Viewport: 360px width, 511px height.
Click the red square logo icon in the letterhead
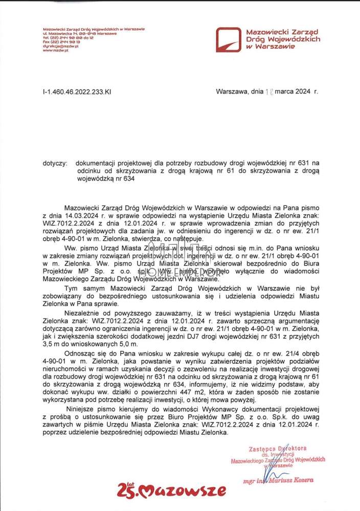pos(228,39)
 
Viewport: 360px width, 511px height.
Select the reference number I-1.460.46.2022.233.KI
pos(77,91)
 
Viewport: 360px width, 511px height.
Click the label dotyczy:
pos(55,163)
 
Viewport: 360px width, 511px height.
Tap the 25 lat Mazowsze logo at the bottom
pos(171,491)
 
